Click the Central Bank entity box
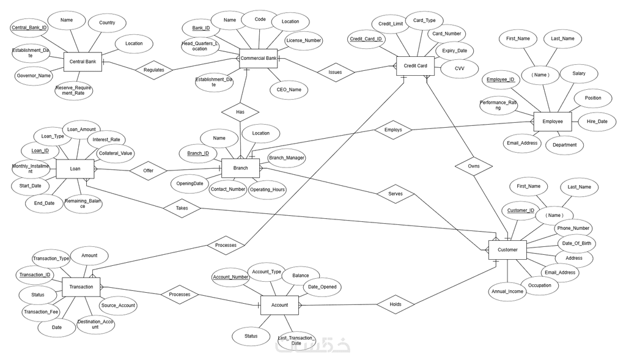tap(83, 62)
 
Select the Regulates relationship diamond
tap(153, 70)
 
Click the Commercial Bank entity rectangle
tap(259, 59)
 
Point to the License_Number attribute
tap(303, 41)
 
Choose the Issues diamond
tap(335, 72)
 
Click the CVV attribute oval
tap(459, 68)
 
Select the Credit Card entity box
tap(416, 66)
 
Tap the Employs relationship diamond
tap(392, 130)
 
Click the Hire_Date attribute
tap(597, 122)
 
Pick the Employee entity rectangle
tap(553, 122)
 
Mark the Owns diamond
tap(474, 165)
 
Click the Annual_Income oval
tap(507, 292)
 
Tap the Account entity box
tap(279, 305)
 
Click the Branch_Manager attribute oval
tap(287, 158)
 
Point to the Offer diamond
tap(148, 171)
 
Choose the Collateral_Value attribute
tap(116, 153)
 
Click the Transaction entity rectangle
tap(81, 287)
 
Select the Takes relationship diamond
tap(182, 208)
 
